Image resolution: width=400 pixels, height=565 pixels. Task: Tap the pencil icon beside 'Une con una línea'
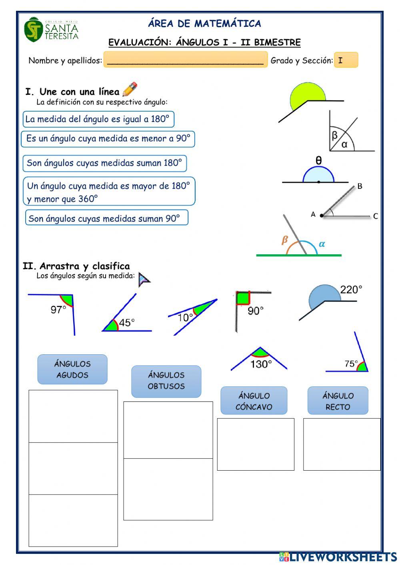tap(130, 90)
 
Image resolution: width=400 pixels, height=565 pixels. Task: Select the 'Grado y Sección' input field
tap(346, 60)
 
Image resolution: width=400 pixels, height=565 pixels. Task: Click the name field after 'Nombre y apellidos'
tap(186, 60)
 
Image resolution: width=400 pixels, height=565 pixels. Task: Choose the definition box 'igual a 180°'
tap(98, 119)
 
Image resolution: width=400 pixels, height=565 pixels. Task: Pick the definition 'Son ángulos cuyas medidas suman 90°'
tap(106, 218)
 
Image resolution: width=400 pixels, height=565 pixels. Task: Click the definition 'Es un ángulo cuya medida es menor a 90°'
tap(108, 139)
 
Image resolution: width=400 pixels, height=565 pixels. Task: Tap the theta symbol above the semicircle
tap(318, 161)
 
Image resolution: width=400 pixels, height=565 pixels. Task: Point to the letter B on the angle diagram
tap(360, 186)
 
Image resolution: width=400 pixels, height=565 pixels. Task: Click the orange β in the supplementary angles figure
tap(285, 240)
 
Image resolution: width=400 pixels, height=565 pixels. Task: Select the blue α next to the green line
tap(322, 244)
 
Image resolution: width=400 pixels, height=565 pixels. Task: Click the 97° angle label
tap(58, 309)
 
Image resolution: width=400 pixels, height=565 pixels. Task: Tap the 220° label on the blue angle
tap(351, 289)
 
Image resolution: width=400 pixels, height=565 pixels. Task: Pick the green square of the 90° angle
tap(243, 298)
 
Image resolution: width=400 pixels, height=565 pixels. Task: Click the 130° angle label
tap(261, 364)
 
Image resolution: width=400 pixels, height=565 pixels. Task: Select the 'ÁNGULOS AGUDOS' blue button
tap(72, 369)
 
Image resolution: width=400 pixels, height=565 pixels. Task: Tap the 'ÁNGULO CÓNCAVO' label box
tap(254, 401)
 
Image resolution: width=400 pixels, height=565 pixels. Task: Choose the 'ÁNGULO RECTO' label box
tap(338, 401)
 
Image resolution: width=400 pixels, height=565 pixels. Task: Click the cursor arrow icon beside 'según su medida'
tap(144, 280)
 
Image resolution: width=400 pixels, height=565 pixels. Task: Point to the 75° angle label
tap(351, 363)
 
